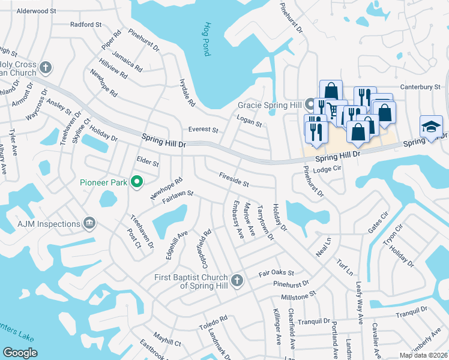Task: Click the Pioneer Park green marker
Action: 136,181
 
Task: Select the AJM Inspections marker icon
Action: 90,224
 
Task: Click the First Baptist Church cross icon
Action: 237,280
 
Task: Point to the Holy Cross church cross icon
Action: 46,66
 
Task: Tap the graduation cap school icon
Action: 431,127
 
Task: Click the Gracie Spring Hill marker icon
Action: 310,104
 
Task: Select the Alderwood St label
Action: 36,11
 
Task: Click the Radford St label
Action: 86,25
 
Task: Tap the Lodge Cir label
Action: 327,170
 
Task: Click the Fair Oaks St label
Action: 276,272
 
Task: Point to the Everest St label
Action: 203,129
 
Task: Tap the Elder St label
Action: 147,163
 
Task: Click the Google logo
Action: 20,353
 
